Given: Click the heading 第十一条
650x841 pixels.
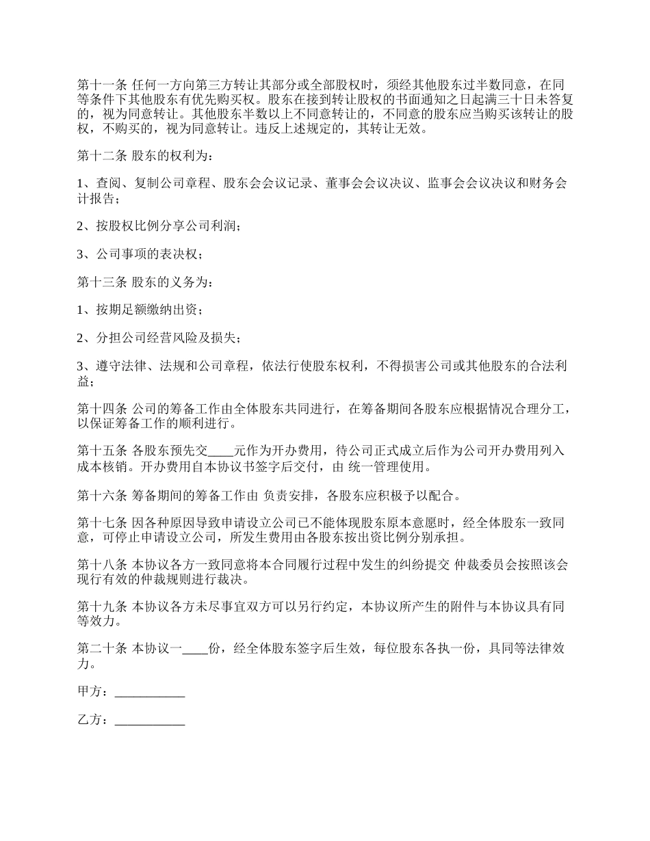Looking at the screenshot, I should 102,85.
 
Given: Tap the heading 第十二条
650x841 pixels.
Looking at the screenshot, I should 102,157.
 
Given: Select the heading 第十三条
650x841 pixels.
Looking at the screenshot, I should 102,282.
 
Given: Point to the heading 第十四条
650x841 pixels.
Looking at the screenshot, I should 102,409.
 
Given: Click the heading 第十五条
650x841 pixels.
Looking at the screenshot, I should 102,451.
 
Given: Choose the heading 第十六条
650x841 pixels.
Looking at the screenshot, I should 102,494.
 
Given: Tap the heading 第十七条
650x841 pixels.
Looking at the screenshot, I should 102,523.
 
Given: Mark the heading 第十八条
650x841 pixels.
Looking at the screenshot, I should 102,565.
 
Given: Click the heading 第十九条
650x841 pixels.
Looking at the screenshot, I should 102,607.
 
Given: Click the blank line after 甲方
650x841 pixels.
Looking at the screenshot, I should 150,692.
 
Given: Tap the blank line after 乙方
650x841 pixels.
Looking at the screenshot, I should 150,721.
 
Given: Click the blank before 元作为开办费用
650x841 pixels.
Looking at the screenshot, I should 220,451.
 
